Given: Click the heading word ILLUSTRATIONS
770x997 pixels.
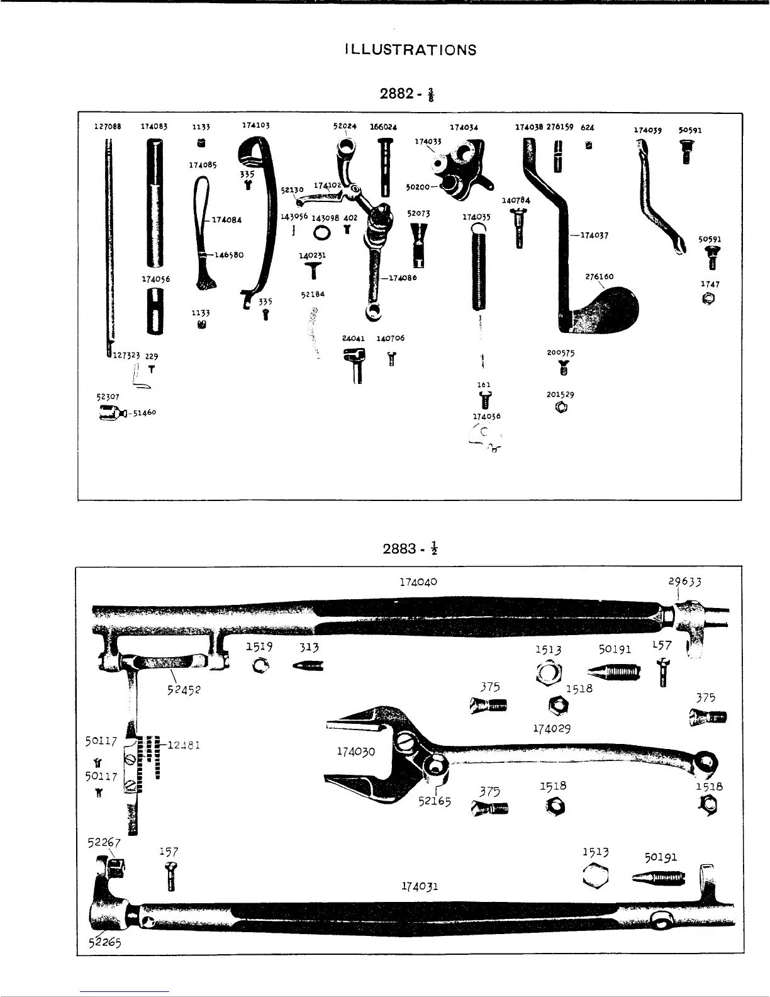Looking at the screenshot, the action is [410, 50].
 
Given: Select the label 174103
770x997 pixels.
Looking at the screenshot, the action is [255, 125].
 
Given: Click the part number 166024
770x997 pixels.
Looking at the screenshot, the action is [383, 127].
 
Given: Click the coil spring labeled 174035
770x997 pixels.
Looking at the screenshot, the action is [480, 271].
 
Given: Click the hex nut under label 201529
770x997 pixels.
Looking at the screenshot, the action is [561, 408].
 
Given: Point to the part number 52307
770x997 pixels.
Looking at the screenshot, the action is [108, 397].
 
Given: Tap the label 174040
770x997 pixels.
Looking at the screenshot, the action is [418, 582].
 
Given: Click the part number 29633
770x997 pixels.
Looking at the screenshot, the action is [684, 582].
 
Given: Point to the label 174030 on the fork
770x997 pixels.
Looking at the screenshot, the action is [356, 752].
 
